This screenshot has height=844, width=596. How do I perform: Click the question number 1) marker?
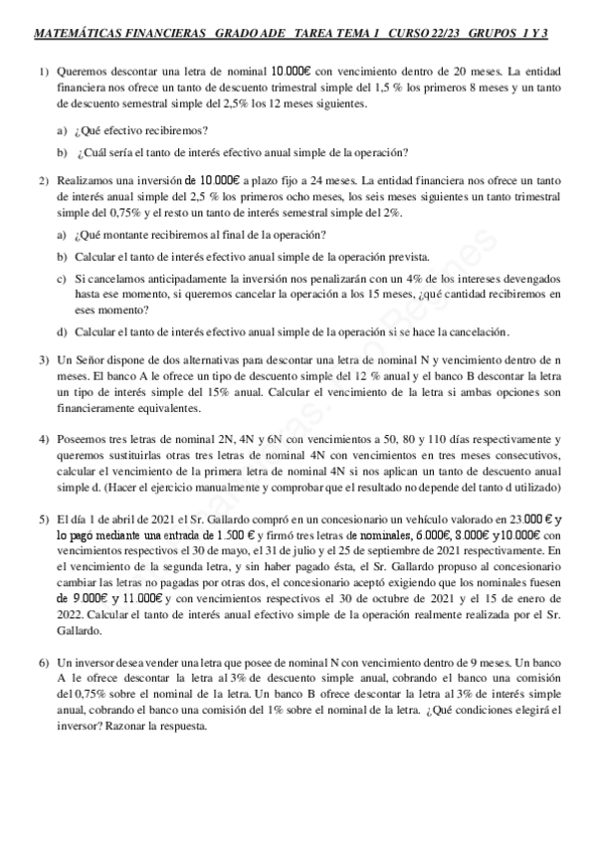[44, 74]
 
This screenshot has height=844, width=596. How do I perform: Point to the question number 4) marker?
[44, 439]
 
